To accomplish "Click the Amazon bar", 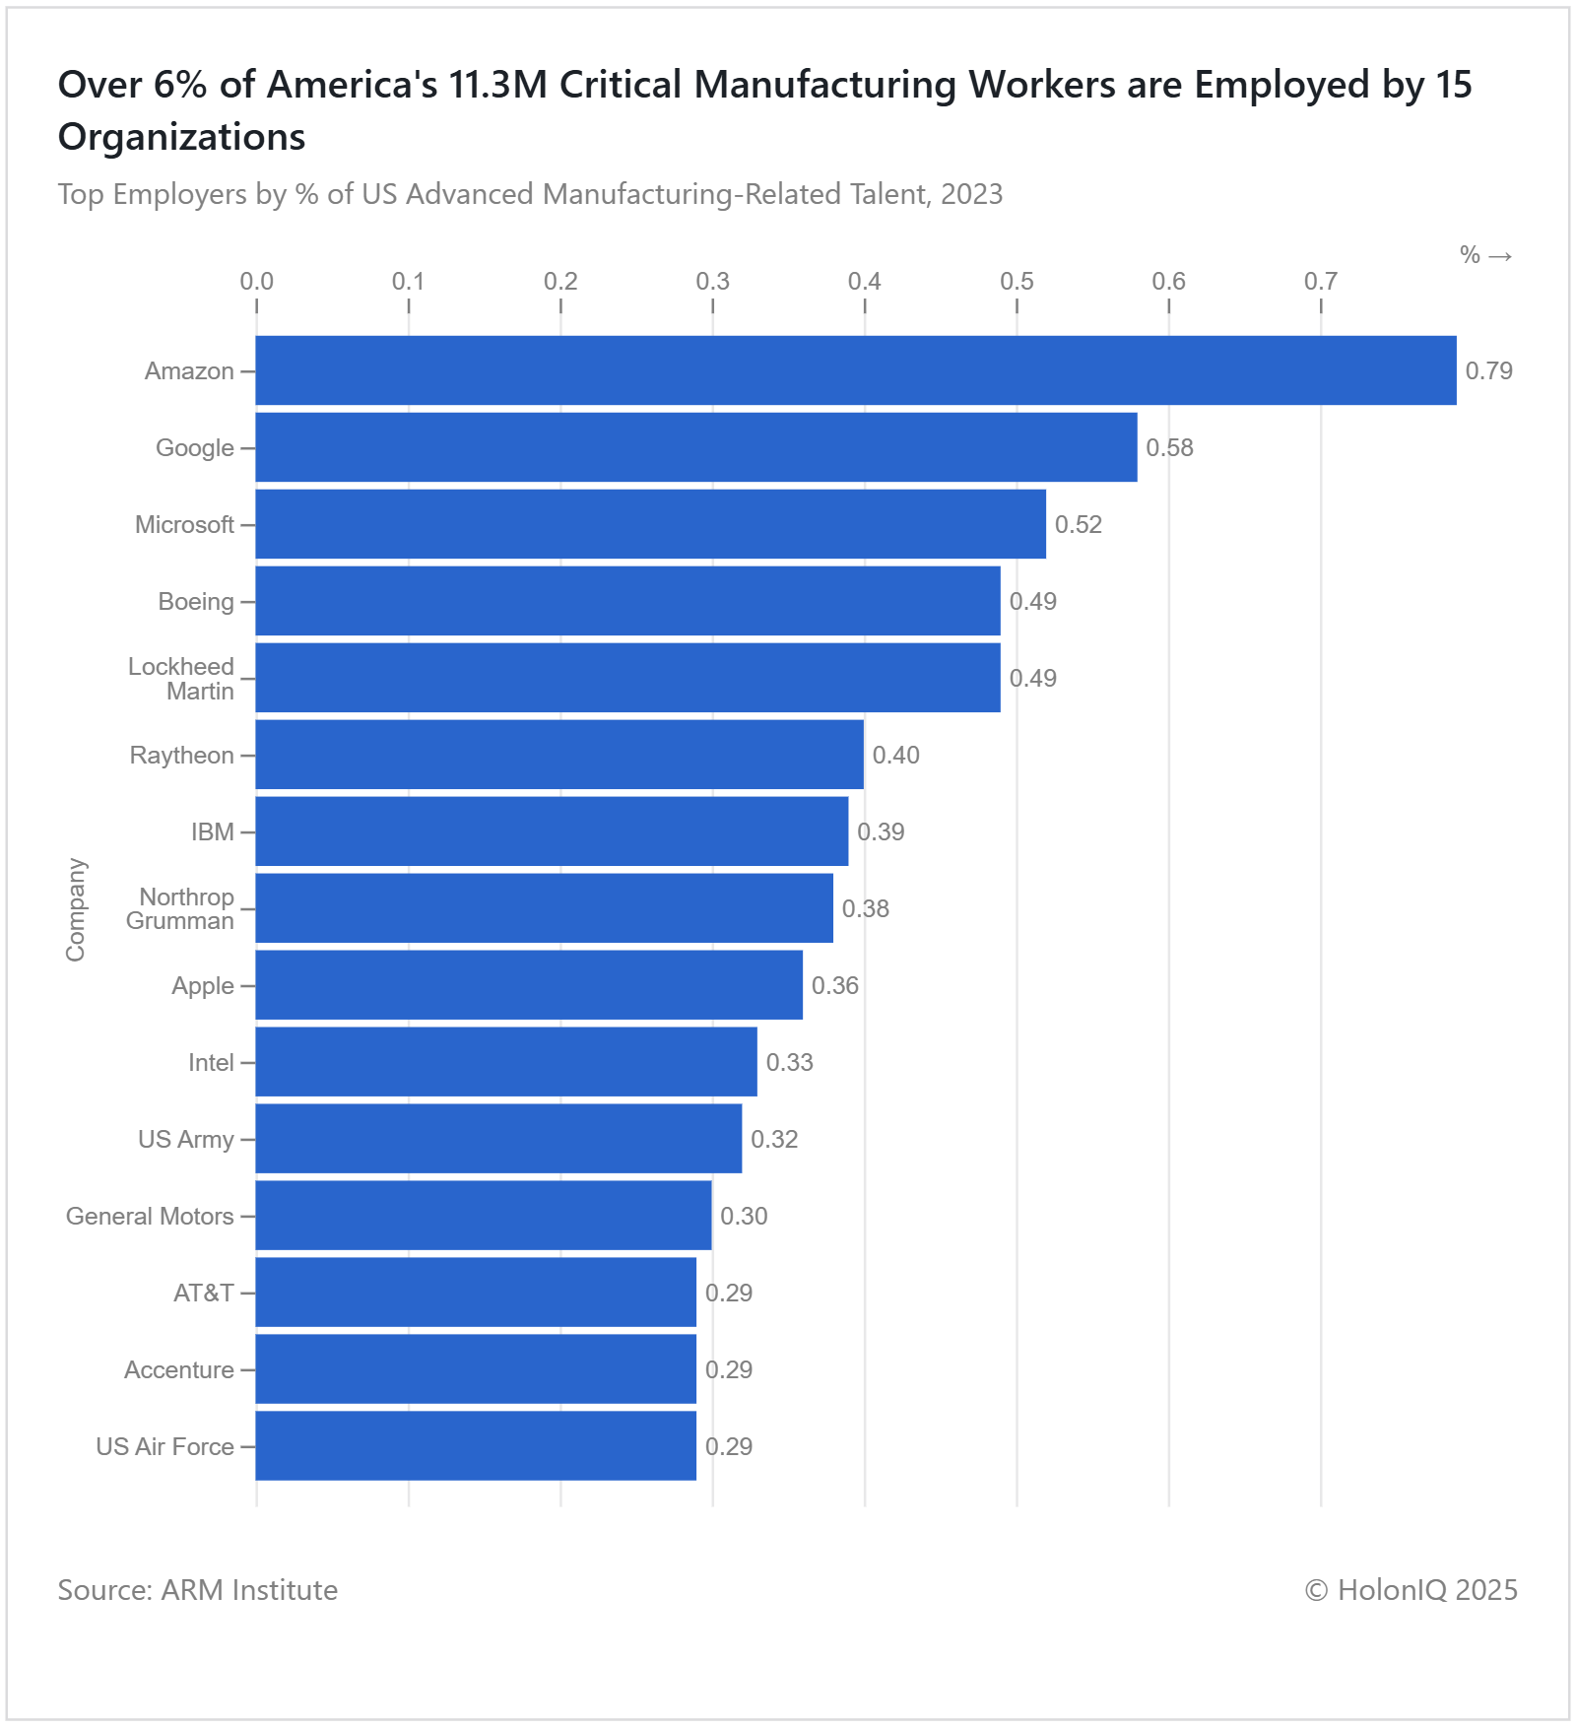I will pos(855,370).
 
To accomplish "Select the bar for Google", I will pos(695,447).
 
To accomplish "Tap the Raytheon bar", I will pos(559,755).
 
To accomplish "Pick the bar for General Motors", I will pos(483,1216).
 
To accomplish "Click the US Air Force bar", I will pos(476,1446).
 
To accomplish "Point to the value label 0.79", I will pos(1488,371).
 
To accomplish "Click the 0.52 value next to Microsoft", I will pos(1078,525).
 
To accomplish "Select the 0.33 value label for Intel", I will pos(789,1063).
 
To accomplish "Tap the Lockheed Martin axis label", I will pos(182,679).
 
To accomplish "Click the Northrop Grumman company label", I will pos(181,909).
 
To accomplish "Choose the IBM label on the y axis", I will pos(213,832).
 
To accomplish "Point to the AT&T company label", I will pos(204,1294).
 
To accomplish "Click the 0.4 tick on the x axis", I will pos(864,282).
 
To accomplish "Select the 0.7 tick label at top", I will pos(1320,282).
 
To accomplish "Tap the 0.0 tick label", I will pos(256,282).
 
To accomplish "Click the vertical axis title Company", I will pos(76,909).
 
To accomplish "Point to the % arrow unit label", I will pos(1485,256).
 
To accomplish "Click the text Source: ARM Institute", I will pos(198,1590).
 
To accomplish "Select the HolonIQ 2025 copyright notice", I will pos(1411,1590).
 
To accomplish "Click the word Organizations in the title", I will pos(182,137).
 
